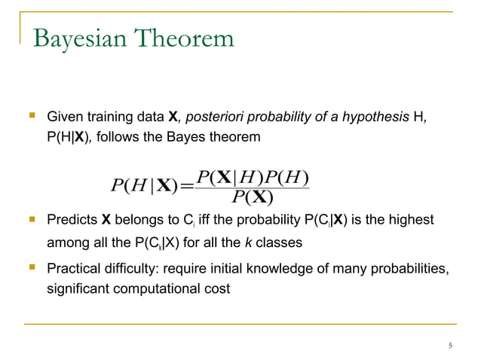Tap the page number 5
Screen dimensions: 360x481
[450, 346]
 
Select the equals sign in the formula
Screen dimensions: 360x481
[182, 186]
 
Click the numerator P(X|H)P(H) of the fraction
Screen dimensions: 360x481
[253, 177]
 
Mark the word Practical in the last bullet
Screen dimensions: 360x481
[73, 268]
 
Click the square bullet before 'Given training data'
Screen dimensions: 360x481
[32, 117]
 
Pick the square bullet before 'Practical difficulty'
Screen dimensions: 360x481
[32, 268]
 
